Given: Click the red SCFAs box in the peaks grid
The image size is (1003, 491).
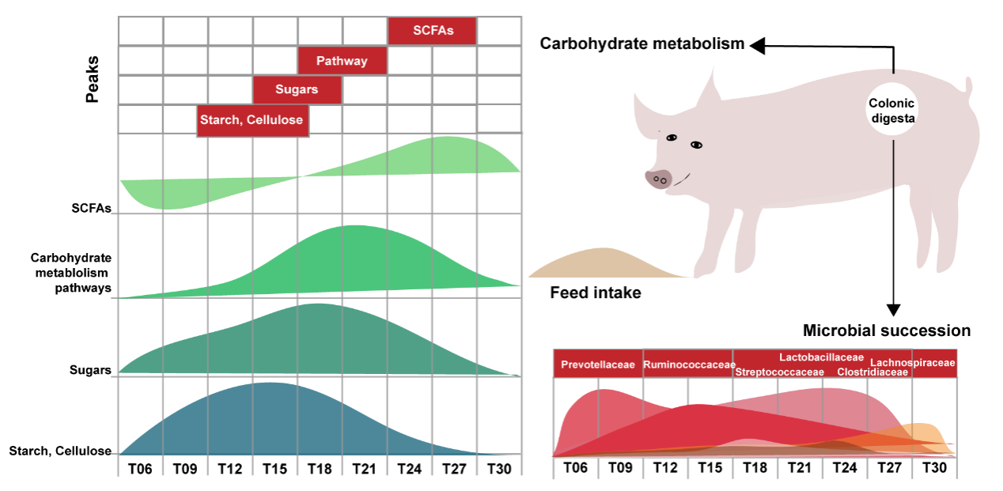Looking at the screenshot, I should coord(433,31).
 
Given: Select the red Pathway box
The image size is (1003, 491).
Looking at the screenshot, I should coord(343,61).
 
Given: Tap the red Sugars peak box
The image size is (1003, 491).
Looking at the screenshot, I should coord(297,89).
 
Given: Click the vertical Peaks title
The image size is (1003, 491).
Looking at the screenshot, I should coord(93,79).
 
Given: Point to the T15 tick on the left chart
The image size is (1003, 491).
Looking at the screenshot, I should coord(275,468).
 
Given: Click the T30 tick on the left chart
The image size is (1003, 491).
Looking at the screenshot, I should coord(499,468).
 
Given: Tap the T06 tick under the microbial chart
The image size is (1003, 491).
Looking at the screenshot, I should coord(575,467).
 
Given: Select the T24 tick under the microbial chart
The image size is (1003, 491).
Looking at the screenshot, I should coord(844,467).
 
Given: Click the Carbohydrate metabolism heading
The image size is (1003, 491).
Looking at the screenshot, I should coord(642,43).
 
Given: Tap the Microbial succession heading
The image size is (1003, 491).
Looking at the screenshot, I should coord(886,330).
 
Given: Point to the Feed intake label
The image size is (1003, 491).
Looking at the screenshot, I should coord(595,293).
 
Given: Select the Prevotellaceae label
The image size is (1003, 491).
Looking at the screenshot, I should coord(598,364).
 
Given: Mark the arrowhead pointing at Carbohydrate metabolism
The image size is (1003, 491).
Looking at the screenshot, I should coord(757,47).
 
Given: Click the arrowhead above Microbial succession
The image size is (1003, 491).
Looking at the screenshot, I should coord(894,309).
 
